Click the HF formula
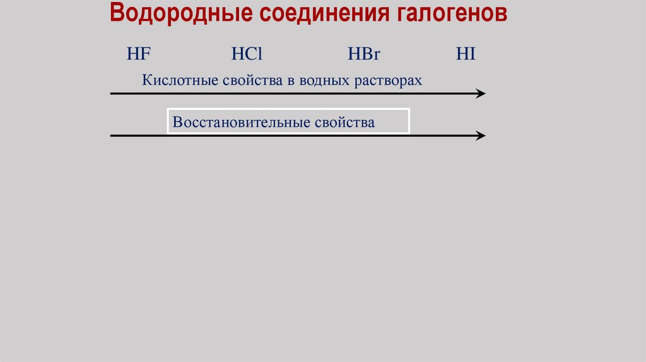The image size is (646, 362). tap(138, 54)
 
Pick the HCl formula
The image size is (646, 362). tap(246, 54)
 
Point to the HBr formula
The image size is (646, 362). tap(364, 54)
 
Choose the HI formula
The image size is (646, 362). tap(466, 54)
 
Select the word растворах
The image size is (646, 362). tap(390, 81)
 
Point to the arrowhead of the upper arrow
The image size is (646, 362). tap(481, 93)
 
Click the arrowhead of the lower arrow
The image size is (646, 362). tap(481, 136)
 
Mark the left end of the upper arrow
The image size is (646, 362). tap(112, 93)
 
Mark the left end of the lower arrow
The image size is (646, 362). tap(112, 136)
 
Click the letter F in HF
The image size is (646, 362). tap(145, 54)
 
